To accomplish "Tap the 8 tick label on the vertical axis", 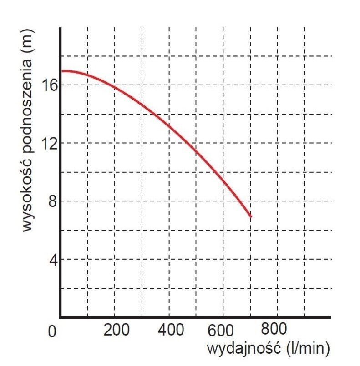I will pyautogui.click(x=53, y=201).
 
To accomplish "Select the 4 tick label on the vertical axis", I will pyautogui.click(x=53, y=260).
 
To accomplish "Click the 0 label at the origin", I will pyautogui.click(x=53, y=332).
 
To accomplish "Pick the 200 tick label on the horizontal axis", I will pyautogui.click(x=117, y=329).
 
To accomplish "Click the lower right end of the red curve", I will pyautogui.click(x=250, y=216).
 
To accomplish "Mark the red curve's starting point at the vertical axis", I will pyautogui.click(x=62, y=71).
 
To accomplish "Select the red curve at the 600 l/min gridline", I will pyautogui.click(x=223, y=180).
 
